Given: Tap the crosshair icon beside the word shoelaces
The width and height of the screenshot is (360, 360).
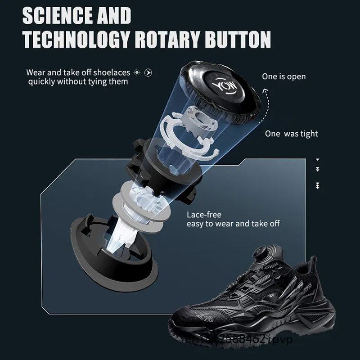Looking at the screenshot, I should (x=137, y=72).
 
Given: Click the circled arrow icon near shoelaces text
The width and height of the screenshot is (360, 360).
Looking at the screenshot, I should (x=148, y=72).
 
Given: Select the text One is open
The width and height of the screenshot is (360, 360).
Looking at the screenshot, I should (x=283, y=76).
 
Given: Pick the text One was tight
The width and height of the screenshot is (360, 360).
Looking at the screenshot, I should (x=291, y=134).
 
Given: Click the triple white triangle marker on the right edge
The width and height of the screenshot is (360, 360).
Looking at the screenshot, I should (x=317, y=185).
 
